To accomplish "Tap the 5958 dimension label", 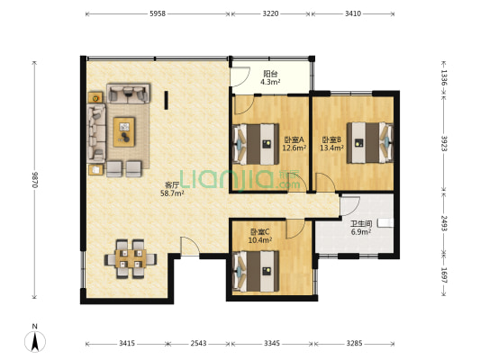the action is pos(158,13).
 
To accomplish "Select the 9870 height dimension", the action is pos(34,180).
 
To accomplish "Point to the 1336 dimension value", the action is pos(444,77).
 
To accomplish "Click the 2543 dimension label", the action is pos(198,344).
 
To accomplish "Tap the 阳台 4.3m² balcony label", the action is pos(270,77).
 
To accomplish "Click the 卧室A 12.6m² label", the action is pos(294,144).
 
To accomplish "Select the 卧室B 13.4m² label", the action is pos(331,144).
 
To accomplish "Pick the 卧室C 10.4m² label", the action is pos(260,236).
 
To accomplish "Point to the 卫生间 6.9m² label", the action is pos(361,228).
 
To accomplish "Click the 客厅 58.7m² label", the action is pos(172,189).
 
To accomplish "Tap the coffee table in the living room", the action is pos(124,131).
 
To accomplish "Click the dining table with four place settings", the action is pos(131,259).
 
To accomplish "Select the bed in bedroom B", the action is pos(370,142).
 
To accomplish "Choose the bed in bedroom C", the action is pos(256,271).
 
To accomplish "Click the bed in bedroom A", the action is pos(256,144).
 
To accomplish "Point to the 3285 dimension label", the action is pos(354,344).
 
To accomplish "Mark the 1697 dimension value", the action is pos(444,275).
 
